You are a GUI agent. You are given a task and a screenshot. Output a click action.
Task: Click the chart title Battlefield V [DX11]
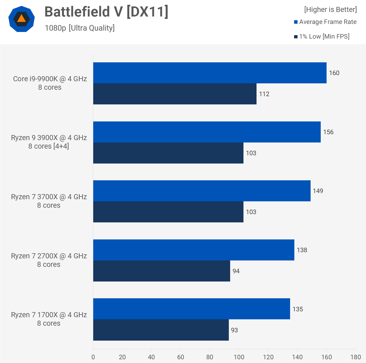[x=106, y=12]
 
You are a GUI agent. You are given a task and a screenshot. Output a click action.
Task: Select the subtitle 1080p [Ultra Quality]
[x=80, y=28]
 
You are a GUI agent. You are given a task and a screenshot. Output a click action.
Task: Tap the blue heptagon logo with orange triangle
[x=22, y=19]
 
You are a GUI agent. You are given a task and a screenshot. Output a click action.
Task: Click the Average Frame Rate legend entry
[x=325, y=22]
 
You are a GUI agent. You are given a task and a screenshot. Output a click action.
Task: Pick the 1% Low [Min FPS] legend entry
[x=322, y=36]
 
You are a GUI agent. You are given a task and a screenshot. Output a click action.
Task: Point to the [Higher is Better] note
[x=330, y=10]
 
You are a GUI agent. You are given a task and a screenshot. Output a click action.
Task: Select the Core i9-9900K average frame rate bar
[x=210, y=73]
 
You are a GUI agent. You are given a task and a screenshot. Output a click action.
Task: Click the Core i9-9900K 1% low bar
[x=175, y=94]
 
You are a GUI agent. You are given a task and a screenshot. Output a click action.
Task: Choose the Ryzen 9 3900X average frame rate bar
[x=207, y=132]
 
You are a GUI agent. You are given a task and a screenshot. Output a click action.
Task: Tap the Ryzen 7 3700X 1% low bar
[x=168, y=212]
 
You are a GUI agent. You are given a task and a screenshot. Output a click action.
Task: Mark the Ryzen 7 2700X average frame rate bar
[x=194, y=250]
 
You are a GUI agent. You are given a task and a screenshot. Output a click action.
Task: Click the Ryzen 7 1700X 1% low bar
[x=161, y=330]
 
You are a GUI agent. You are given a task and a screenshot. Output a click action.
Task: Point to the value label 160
[x=334, y=73]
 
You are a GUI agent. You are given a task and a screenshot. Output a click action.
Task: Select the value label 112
[x=264, y=94]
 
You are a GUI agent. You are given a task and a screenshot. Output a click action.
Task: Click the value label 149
[x=318, y=191]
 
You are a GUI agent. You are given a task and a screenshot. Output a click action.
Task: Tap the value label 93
[x=234, y=330]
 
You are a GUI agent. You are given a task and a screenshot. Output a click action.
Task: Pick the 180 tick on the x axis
[x=356, y=357]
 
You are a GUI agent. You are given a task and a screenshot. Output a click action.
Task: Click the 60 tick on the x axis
[x=181, y=357]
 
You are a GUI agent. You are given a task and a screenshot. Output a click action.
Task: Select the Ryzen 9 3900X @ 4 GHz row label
[x=49, y=142]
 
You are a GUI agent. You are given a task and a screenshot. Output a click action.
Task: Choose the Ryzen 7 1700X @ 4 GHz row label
[x=49, y=319]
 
